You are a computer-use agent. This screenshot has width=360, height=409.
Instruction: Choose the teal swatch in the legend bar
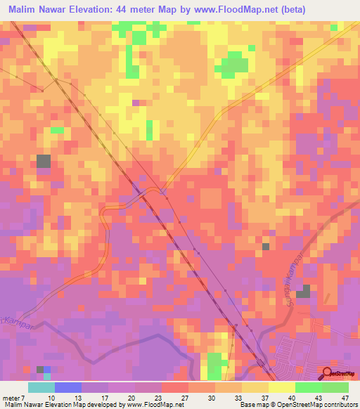point(41,387)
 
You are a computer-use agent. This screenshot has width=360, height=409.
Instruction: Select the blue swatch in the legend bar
point(67,387)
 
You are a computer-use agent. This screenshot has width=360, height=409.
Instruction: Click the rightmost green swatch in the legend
point(335,387)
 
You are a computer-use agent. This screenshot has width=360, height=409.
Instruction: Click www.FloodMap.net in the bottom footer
point(155,404)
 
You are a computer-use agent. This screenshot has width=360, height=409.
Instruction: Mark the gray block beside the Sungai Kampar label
point(303,292)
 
